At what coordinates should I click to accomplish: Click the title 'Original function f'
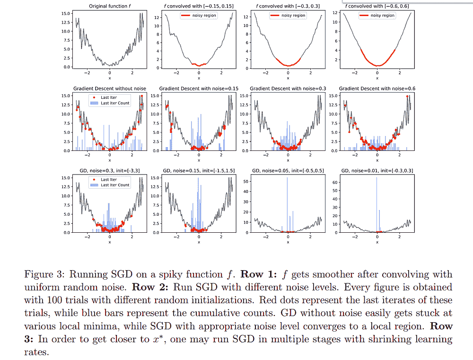pos(109,6)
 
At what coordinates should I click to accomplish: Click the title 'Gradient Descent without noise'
pos(109,88)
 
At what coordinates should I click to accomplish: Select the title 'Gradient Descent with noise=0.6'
pos(377,88)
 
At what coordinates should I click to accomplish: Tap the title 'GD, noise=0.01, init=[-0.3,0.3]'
pos(377,170)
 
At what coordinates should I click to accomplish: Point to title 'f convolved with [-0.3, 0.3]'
pos(288,6)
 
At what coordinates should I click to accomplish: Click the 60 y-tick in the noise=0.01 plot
pos(335,182)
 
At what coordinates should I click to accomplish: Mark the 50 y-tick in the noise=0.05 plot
pos(247,182)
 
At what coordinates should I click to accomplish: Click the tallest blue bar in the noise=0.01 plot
pos(377,203)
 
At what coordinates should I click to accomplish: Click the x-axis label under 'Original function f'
pos(109,78)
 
